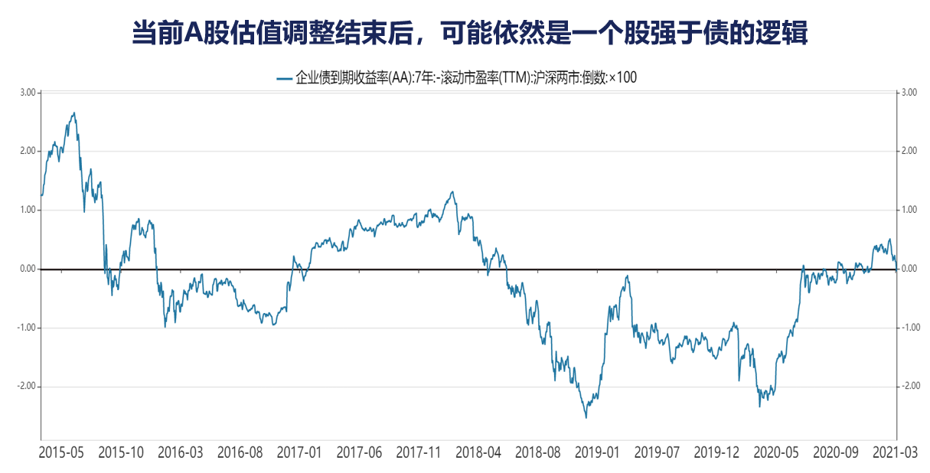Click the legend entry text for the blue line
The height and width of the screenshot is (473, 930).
[x=465, y=77]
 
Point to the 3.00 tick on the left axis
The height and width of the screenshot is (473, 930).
[x=28, y=93]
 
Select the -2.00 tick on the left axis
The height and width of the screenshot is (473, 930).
[x=26, y=387]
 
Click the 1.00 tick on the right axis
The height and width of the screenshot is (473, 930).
[x=909, y=210]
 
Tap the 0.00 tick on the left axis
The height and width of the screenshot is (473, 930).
[x=28, y=269]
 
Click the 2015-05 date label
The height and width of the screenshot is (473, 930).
[x=61, y=452]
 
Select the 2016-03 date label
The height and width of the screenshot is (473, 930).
[x=181, y=452]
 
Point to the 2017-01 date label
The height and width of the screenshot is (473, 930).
[x=299, y=452]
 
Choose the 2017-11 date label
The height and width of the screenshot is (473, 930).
[x=419, y=452]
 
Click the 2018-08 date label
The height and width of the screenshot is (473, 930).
[x=538, y=452]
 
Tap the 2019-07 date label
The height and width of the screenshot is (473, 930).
[x=658, y=452]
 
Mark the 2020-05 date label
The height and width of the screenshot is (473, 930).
[x=776, y=452]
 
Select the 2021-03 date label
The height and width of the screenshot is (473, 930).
[x=895, y=452]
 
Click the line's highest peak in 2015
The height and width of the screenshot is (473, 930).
[x=73, y=113]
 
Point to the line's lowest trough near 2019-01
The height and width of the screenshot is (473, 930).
[x=586, y=417]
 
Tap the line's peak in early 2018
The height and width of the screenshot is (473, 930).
[x=452, y=192]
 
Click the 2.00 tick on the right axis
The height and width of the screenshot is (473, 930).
[x=909, y=152]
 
